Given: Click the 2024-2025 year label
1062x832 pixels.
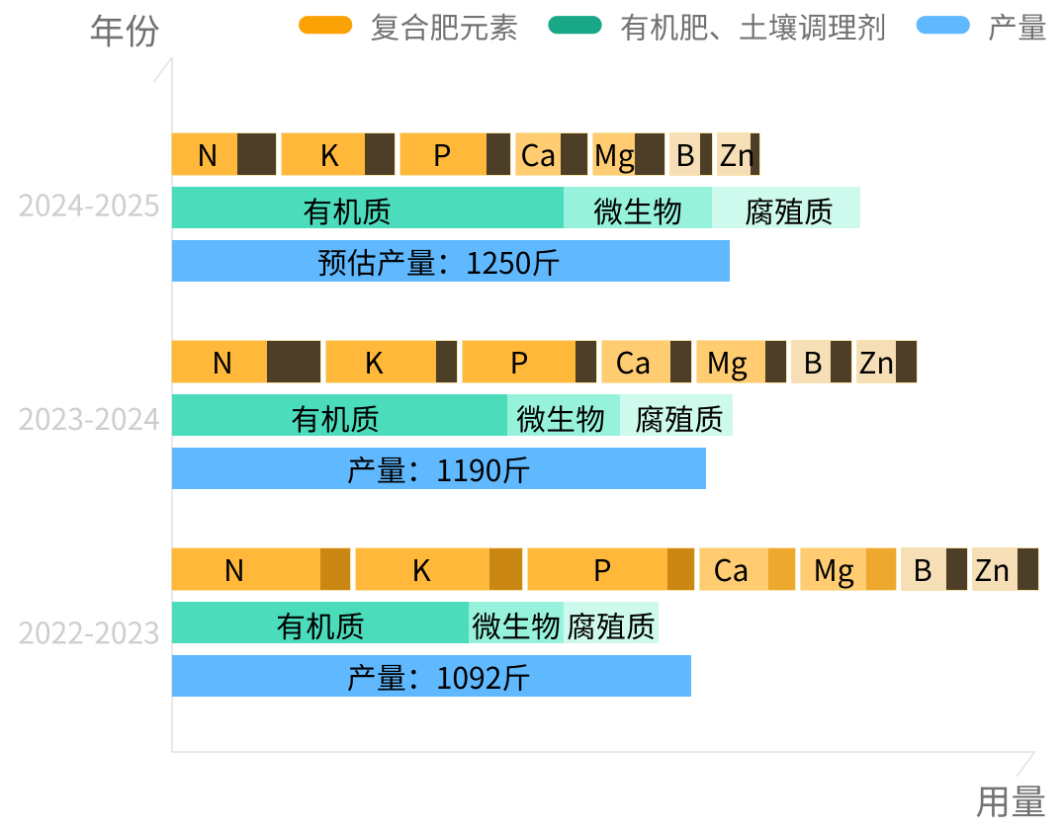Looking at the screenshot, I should pos(89,207).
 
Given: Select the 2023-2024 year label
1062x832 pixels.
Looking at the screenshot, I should pos(89,419).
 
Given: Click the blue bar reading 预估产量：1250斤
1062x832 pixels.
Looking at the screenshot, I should pos(451,262).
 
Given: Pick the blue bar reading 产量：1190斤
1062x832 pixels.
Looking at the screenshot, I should pos(439,469).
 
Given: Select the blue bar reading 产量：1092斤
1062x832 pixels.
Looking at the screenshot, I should pos(431,677).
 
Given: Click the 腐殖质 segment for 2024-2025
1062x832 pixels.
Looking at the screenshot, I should pos(786,208).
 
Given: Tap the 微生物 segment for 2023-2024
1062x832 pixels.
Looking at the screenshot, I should pos(563,416).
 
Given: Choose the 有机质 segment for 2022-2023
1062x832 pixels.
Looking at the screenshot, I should pos(320,624).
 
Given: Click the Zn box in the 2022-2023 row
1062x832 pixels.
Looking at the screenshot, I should pos(1005,569).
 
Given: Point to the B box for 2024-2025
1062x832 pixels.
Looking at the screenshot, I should pos(690,154).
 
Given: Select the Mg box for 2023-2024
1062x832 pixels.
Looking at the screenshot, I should pos(741,362).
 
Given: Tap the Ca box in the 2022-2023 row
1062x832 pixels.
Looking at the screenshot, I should pos(747,569).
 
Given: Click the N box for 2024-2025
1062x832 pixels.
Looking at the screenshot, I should pos(224,154).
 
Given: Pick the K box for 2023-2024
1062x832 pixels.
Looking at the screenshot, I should pos(391,362).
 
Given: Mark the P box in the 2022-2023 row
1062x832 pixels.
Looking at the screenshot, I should pos(610,569).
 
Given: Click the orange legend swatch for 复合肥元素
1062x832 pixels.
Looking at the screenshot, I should pos(325,27).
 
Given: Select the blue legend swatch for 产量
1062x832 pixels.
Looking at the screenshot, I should pos(943,27).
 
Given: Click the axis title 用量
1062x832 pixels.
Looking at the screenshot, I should pos(1010,801).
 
